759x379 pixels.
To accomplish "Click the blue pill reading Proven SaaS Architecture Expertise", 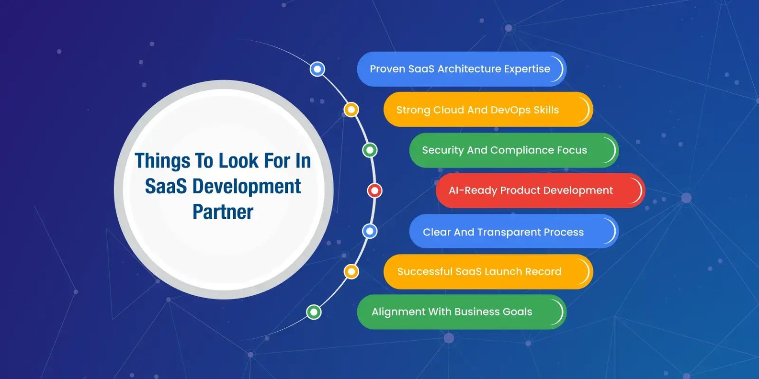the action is [462, 69].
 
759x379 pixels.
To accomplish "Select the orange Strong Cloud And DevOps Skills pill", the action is [488, 110].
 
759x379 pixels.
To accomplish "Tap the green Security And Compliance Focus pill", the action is [514, 150].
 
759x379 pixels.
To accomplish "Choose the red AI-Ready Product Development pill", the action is [541, 190].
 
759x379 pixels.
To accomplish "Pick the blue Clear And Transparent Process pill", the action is [514, 231].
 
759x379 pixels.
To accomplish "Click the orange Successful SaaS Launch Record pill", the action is [488, 272].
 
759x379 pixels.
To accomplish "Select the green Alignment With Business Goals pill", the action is [462, 312].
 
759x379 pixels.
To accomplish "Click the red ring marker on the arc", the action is [375, 190].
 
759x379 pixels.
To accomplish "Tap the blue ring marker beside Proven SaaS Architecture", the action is [317, 69].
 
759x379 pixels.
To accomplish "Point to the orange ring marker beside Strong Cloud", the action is [351, 110].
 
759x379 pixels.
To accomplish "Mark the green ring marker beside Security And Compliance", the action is [370, 150].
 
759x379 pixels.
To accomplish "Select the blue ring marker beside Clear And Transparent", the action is [370, 231].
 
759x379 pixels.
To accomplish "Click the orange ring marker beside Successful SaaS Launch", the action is [351, 272].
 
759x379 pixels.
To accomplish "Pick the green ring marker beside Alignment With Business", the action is [314, 312].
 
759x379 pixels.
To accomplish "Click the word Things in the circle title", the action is [162, 161].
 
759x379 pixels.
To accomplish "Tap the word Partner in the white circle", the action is [223, 212].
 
